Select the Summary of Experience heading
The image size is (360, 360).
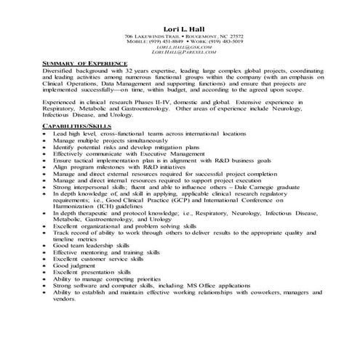81,64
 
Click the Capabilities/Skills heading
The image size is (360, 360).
75,127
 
